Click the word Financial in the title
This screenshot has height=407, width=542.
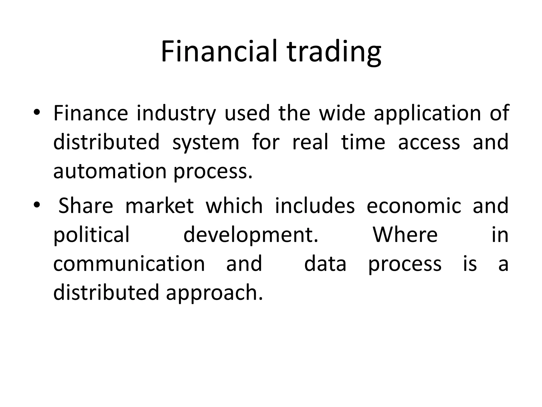[219, 51]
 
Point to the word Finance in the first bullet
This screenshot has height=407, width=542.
[91, 113]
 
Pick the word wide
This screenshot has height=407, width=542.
[342, 113]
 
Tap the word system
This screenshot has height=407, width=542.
[206, 142]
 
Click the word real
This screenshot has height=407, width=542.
[310, 142]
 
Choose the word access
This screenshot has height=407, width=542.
[429, 142]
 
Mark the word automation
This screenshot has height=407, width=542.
[110, 171]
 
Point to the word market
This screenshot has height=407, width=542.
[160, 206]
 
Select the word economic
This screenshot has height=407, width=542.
[414, 206]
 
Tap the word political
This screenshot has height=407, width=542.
[92, 235]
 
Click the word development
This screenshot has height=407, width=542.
[251, 235]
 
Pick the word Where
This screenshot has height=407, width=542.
[405, 235]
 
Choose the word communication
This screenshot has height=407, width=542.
[129, 264]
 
